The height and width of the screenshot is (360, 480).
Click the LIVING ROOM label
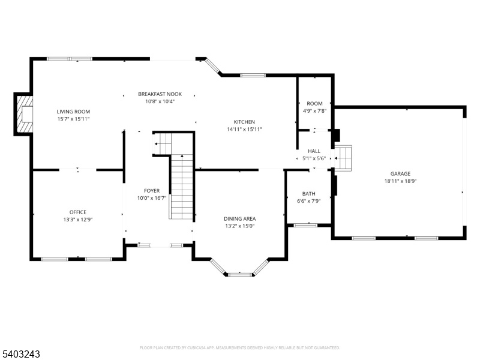click(x=73, y=112)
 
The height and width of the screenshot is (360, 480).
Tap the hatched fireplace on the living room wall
click(x=25, y=114)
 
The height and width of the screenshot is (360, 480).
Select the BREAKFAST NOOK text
click(x=160, y=94)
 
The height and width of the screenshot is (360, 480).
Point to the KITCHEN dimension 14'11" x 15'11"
click(x=244, y=129)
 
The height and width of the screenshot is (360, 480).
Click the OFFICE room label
click(x=78, y=212)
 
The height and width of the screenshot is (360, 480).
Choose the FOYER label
click(x=152, y=191)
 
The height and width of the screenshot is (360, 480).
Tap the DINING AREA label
click(x=239, y=218)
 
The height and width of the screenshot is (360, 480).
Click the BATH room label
click(x=308, y=193)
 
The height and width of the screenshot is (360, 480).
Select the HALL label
click(x=314, y=151)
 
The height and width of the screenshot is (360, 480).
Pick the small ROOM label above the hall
click(x=314, y=103)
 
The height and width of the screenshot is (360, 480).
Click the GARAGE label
click(x=400, y=173)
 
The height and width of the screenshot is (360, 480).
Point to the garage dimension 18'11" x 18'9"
click(x=400, y=181)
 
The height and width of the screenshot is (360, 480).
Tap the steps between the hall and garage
click(x=343, y=158)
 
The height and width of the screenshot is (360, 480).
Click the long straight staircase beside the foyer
click(x=182, y=187)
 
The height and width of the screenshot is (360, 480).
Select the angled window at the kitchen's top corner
click(x=213, y=67)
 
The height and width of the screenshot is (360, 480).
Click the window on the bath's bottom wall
click(x=305, y=226)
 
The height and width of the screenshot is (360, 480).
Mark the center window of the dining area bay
click(x=240, y=275)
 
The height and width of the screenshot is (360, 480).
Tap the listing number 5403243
click(x=20, y=354)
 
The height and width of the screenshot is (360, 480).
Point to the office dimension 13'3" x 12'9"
click(x=78, y=220)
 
